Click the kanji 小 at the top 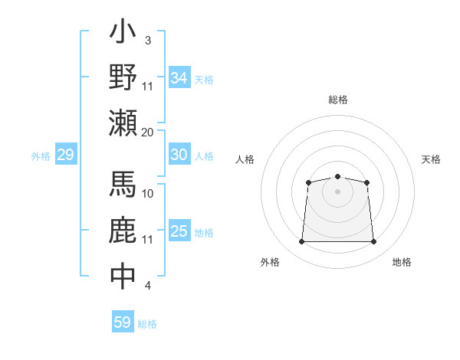point(123,33)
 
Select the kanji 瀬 point(123,123)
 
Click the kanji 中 point(123,277)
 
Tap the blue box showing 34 point(179,78)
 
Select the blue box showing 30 point(179,155)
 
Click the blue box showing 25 point(179,231)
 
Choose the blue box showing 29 point(65,155)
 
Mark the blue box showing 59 point(123,322)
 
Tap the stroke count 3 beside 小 point(147,40)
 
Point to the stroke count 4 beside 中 point(147,286)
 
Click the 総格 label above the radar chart point(338,100)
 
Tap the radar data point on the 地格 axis point(374,242)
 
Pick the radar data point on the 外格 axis point(301,242)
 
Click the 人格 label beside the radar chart point(245,159)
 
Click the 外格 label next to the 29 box point(41,156)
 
